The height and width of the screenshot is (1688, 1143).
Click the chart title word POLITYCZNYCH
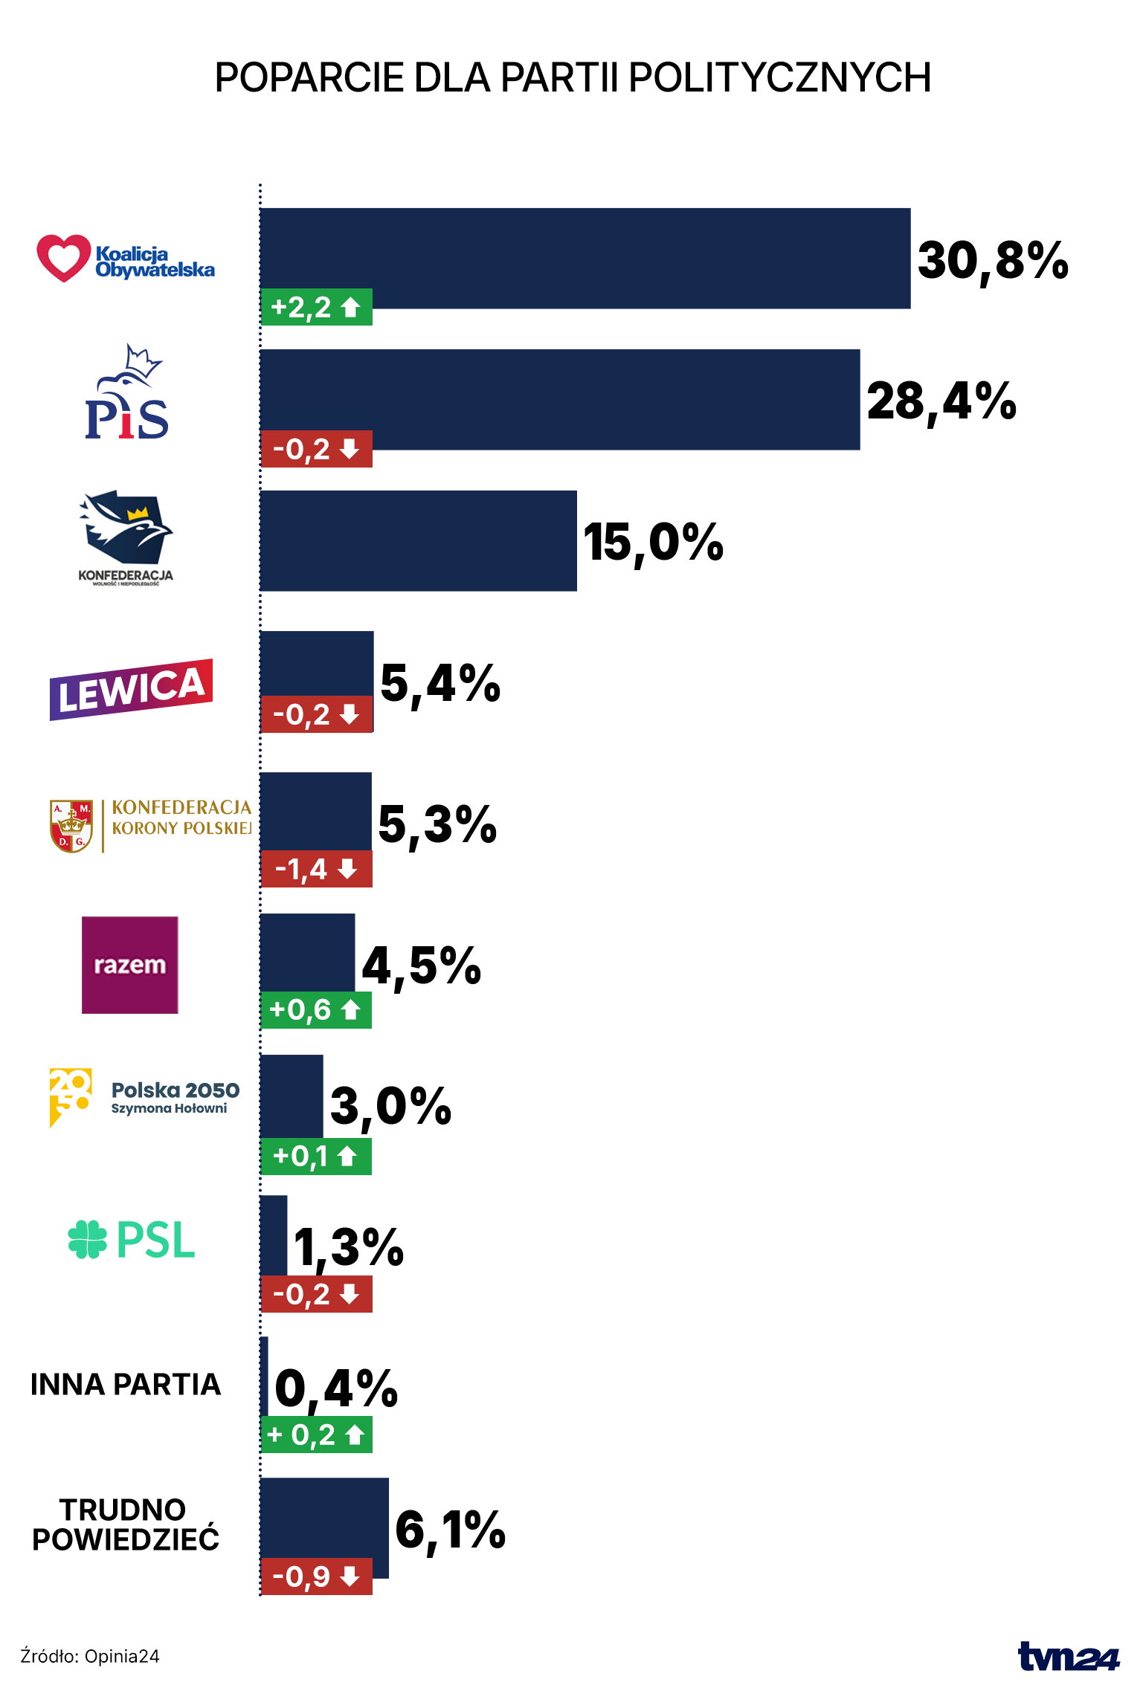pyautogui.click(x=779, y=77)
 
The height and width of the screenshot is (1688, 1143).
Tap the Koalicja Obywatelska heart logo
pyautogui.click(x=63, y=258)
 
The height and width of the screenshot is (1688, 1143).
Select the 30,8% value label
pyautogui.click(x=993, y=261)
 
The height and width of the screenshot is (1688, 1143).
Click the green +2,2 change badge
pyautogui.click(x=316, y=307)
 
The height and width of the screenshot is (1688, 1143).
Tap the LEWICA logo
pyautogui.click(x=132, y=690)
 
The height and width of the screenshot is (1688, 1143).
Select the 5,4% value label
pyautogui.click(x=440, y=684)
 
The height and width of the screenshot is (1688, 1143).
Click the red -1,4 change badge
pyautogui.click(x=316, y=869)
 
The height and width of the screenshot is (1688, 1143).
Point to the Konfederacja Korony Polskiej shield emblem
pyautogui.click(x=71, y=826)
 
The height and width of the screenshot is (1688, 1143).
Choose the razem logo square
pyautogui.click(x=130, y=965)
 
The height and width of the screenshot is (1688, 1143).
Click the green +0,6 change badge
pyautogui.click(x=316, y=1009)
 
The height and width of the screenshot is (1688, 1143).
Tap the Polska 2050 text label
pyautogui.click(x=176, y=1090)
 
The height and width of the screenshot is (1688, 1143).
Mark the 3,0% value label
pyautogui.click(x=390, y=1106)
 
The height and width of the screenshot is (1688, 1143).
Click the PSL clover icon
pyautogui.click(x=88, y=1240)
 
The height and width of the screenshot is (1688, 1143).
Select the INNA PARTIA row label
pyautogui.click(x=126, y=1385)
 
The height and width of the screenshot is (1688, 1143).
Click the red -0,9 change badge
pyautogui.click(x=316, y=1576)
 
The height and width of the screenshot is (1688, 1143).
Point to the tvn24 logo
pyautogui.click(x=1069, y=1657)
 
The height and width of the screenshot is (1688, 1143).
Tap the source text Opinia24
pyautogui.click(x=122, y=1656)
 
